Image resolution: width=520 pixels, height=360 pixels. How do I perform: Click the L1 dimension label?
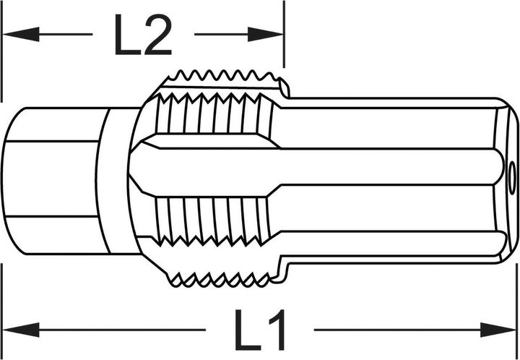[261, 329]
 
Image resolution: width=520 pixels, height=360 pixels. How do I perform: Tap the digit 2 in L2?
[158, 34]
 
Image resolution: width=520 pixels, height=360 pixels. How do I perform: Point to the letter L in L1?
[246, 329]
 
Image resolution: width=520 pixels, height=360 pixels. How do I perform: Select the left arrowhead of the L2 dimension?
[22, 33]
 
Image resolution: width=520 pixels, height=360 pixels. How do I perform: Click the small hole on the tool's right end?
[511, 173]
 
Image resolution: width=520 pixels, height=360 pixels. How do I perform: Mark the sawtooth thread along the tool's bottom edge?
[224, 278]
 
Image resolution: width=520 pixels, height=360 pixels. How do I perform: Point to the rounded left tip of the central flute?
[134, 173]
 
